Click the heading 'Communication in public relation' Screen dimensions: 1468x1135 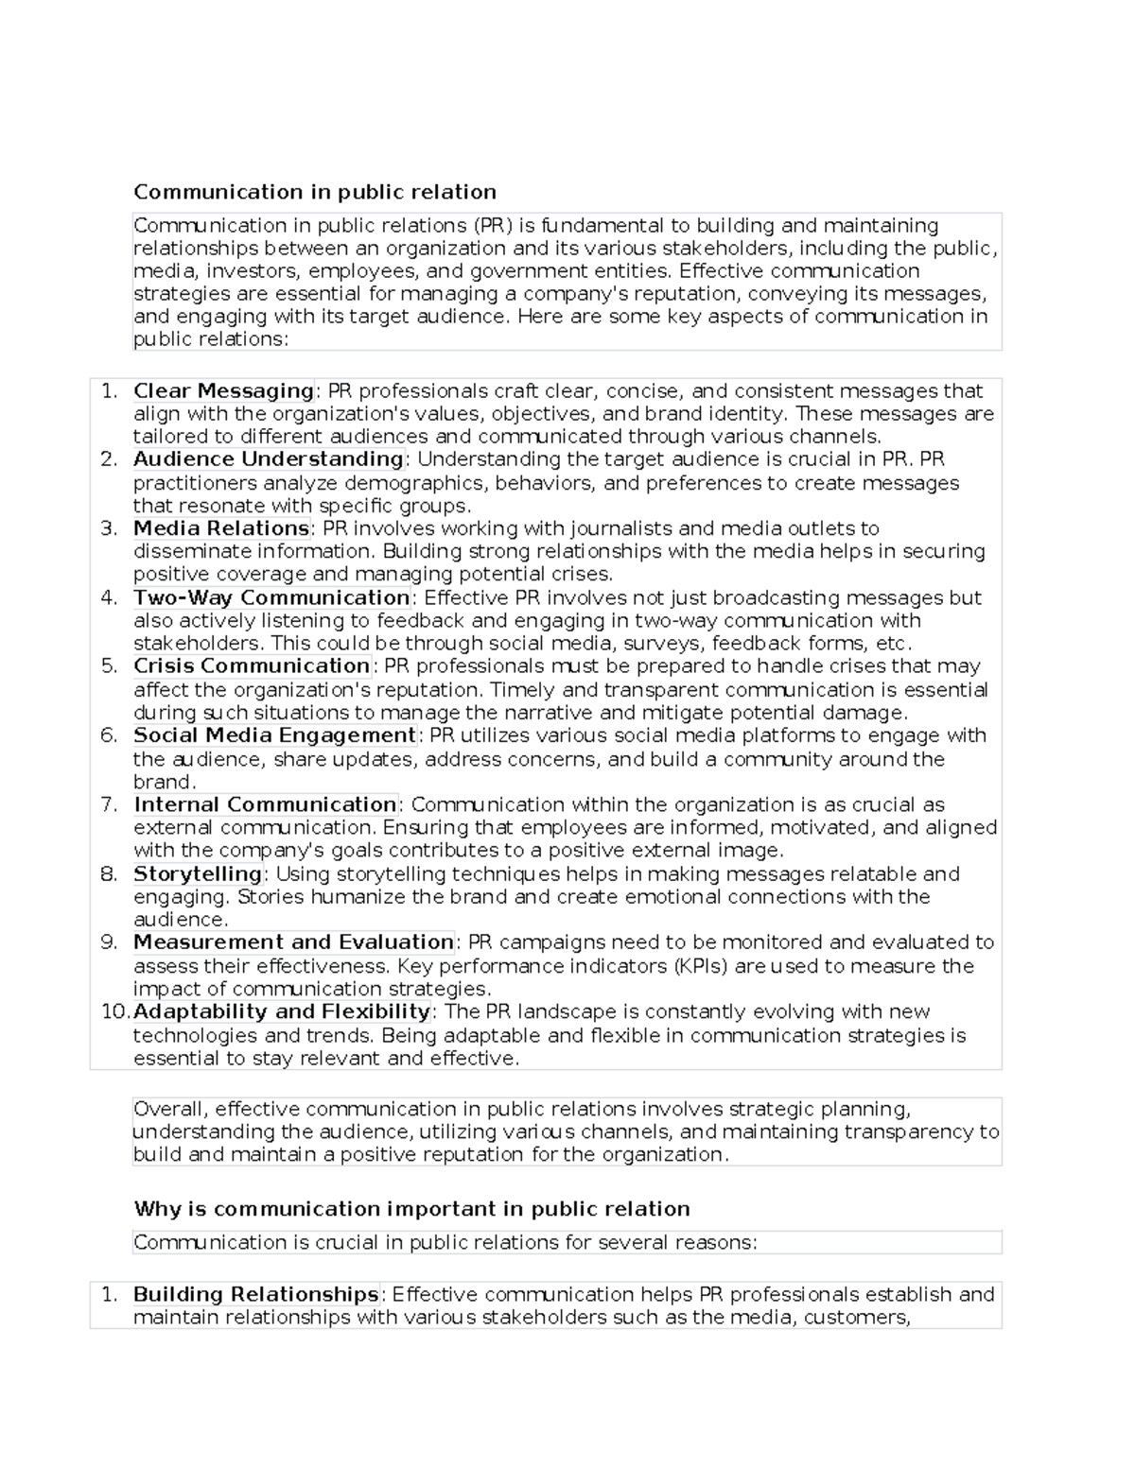(314, 192)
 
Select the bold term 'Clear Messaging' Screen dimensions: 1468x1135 (223, 390)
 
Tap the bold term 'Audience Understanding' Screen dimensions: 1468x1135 (269, 459)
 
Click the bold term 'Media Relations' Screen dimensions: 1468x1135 (221, 528)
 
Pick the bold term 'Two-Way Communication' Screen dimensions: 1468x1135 (271, 597)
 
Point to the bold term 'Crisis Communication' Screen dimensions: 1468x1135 (252, 666)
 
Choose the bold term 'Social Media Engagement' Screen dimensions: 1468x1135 (274, 735)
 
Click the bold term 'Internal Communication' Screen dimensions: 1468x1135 (265, 804)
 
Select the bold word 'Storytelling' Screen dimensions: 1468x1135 (198, 873)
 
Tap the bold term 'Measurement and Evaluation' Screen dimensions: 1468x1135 (293, 942)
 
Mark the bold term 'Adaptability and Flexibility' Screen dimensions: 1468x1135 (282, 1011)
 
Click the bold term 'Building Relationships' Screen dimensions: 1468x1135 (255, 1294)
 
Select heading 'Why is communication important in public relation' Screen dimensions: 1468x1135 (411, 1209)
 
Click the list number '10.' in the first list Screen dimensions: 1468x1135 (114, 1011)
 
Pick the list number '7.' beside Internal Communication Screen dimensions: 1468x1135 (109, 804)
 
